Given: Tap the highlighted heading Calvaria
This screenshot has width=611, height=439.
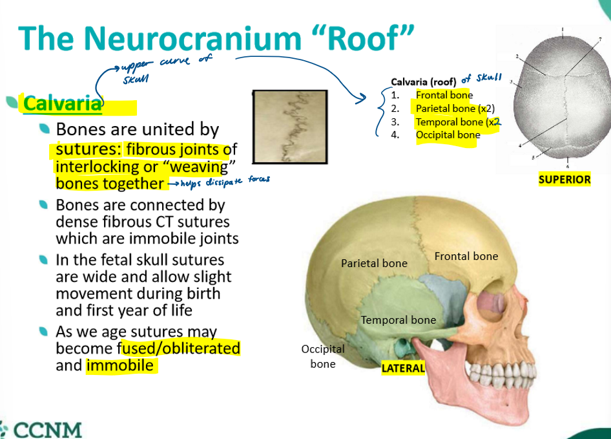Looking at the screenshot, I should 63,103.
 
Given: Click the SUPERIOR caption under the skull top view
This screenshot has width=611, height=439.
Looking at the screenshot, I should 564,180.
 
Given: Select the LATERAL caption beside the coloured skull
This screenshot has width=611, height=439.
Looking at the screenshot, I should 403,369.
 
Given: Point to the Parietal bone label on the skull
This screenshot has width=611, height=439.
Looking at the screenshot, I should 374,263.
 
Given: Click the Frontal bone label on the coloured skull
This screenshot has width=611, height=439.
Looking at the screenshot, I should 466,256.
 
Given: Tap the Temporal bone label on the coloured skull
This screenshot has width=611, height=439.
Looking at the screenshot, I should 398,320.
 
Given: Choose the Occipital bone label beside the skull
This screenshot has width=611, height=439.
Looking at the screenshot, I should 323,356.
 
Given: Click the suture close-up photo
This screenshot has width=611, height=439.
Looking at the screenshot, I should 290,126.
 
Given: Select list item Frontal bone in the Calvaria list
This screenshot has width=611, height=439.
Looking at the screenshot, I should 444,95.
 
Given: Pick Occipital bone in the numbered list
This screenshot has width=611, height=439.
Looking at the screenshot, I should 448,134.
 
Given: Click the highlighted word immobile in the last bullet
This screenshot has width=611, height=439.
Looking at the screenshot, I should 120,365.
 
